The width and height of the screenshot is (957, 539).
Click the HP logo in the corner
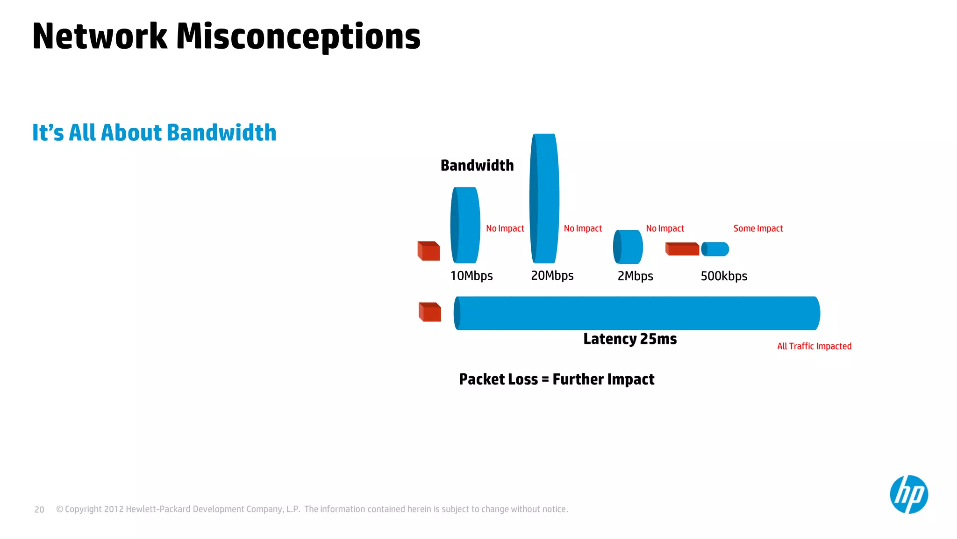click(x=908, y=495)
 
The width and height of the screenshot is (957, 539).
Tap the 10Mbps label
click(x=471, y=276)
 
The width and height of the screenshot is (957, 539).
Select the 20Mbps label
click(x=552, y=276)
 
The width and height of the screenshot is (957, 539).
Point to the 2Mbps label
click(x=635, y=276)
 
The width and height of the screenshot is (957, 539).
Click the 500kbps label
click(x=724, y=276)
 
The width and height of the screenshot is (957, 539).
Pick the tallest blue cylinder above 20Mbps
click(x=545, y=198)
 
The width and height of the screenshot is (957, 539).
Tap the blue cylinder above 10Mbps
click(x=465, y=225)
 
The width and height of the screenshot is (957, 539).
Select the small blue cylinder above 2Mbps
click(x=628, y=247)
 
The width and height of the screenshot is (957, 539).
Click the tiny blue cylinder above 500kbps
click(x=715, y=249)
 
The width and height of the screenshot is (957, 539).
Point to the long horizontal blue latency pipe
click(x=636, y=313)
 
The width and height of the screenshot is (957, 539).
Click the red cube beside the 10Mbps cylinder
click(x=429, y=251)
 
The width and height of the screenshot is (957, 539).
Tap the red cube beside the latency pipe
click(x=429, y=312)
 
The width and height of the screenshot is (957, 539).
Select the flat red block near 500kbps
click(x=682, y=249)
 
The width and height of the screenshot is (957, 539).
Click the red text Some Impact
click(x=758, y=228)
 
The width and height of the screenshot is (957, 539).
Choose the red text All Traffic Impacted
click(x=814, y=346)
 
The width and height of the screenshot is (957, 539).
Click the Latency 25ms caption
click(x=630, y=339)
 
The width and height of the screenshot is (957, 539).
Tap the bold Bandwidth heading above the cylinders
click(x=477, y=166)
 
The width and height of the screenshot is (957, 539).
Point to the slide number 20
click(x=39, y=510)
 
